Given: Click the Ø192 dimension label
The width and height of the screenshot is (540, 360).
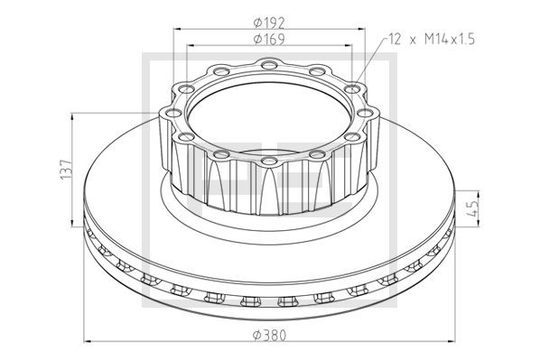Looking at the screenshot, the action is [x=269, y=23].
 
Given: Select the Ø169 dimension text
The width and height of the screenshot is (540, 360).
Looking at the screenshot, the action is [x=269, y=39].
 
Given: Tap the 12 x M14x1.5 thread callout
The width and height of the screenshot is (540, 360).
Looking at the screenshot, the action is [x=432, y=39].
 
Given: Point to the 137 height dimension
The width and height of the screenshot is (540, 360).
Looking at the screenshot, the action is [x=66, y=169].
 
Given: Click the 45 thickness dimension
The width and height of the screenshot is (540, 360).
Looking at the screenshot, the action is [x=474, y=208].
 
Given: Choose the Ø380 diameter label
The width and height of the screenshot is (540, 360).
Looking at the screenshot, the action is [x=269, y=335].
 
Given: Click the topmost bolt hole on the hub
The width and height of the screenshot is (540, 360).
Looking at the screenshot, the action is [x=269, y=64].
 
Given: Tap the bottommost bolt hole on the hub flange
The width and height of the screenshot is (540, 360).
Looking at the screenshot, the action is [x=269, y=161].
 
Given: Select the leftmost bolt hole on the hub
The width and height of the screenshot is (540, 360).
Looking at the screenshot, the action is [x=172, y=113].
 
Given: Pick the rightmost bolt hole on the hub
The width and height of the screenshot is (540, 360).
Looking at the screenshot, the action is [x=366, y=113].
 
